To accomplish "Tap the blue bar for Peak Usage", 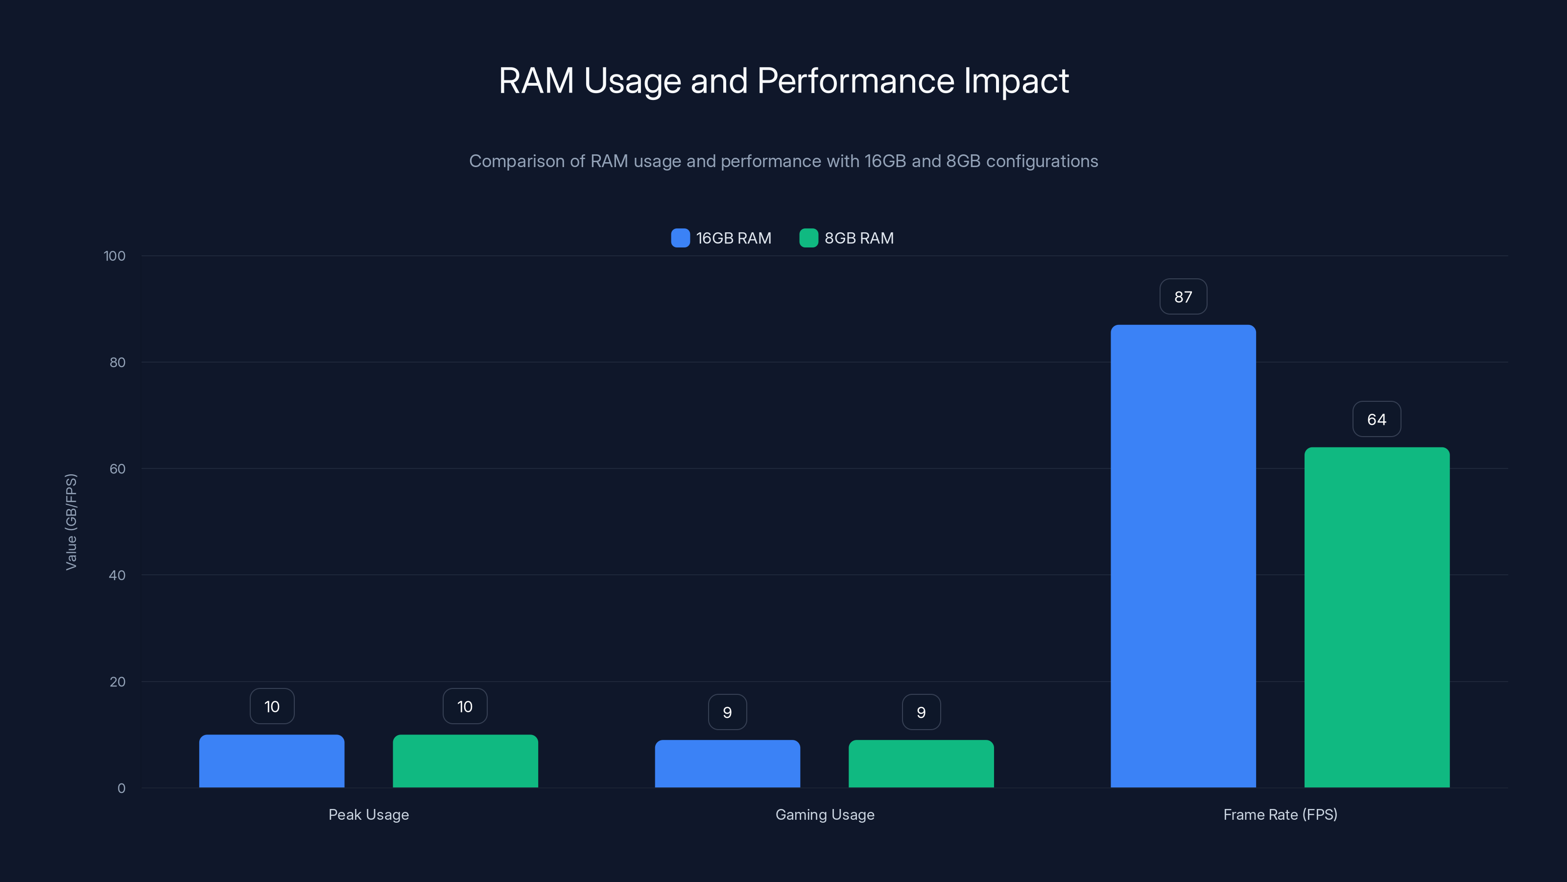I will pyautogui.click(x=271, y=761).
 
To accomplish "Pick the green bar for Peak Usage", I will pyautogui.click(x=465, y=761).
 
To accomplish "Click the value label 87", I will pyautogui.click(x=1183, y=297).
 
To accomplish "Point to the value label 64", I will pyautogui.click(x=1377, y=419).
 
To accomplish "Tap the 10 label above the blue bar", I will pyautogui.click(x=271, y=706).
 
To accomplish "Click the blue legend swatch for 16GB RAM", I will pyautogui.click(x=680, y=238).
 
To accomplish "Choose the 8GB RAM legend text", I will pyautogui.click(x=859, y=238).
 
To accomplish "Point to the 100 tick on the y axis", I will pyautogui.click(x=115, y=256).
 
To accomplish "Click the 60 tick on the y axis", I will pyautogui.click(x=118, y=469).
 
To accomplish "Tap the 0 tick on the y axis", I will pyautogui.click(x=121, y=788).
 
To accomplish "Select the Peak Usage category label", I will pyautogui.click(x=369, y=814).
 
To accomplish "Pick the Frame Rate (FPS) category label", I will pyautogui.click(x=1280, y=814).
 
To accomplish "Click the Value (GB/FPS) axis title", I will pyautogui.click(x=71, y=522).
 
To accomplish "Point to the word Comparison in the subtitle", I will pyautogui.click(x=517, y=161).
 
